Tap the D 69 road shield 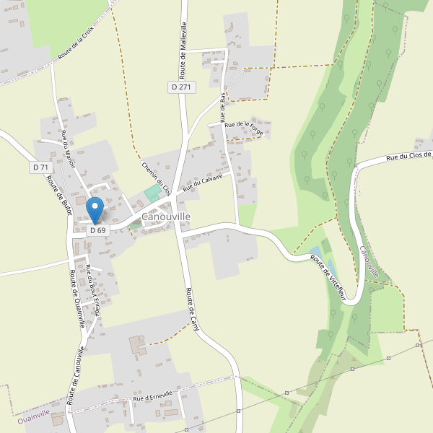98,230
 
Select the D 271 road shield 183,87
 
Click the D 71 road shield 40,167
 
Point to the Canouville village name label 166,216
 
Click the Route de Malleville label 183,51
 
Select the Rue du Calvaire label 207,181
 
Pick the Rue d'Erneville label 153,397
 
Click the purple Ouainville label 34,414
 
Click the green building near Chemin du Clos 152,194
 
